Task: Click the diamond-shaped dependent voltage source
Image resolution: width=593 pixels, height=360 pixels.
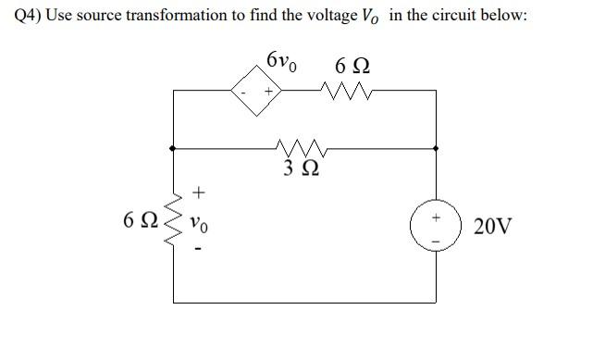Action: pyautogui.click(x=257, y=93)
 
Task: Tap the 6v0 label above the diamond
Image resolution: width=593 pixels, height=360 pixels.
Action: pyautogui.click(x=282, y=62)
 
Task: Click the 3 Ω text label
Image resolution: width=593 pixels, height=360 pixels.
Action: pyautogui.click(x=303, y=168)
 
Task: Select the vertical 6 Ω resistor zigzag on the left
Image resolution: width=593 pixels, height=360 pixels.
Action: pyautogui.click(x=172, y=223)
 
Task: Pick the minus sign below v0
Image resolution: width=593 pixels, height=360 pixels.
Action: pyautogui.click(x=198, y=250)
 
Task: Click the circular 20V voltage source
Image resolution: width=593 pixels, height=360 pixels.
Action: pyautogui.click(x=437, y=225)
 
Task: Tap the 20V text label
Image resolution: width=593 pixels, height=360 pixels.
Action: pyautogui.click(x=490, y=225)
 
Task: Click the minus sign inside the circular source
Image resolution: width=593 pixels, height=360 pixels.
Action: pyautogui.click(x=437, y=237)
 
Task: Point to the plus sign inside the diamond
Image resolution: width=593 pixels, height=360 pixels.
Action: pyautogui.click(x=268, y=93)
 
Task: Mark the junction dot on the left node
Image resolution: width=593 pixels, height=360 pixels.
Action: pyautogui.click(x=173, y=146)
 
